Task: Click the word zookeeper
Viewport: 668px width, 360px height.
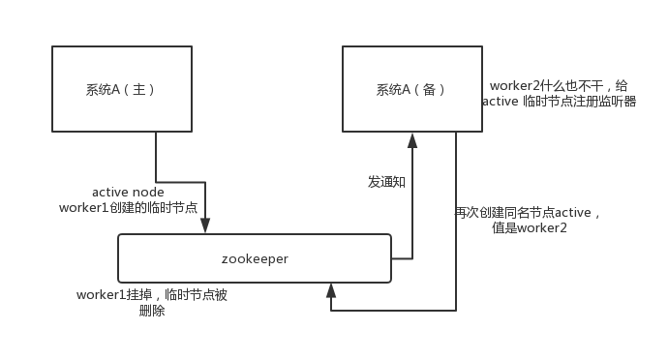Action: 255,258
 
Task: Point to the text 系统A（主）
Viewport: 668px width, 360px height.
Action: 121,90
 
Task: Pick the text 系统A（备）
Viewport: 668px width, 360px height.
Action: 411,90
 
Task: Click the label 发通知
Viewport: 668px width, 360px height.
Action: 387,181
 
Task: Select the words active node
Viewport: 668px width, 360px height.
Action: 128,193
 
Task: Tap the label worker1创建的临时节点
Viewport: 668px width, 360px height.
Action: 128,207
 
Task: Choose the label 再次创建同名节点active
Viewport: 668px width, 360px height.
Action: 528,213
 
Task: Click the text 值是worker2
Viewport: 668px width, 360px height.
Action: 529,227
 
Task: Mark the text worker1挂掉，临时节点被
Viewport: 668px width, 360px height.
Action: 151,295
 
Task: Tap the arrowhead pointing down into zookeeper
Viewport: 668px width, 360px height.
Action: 205,226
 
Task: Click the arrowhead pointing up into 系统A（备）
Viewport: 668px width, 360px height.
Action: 411,140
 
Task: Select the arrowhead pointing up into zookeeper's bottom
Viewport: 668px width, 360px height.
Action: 331,289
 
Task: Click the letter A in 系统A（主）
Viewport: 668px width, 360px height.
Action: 117,90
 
